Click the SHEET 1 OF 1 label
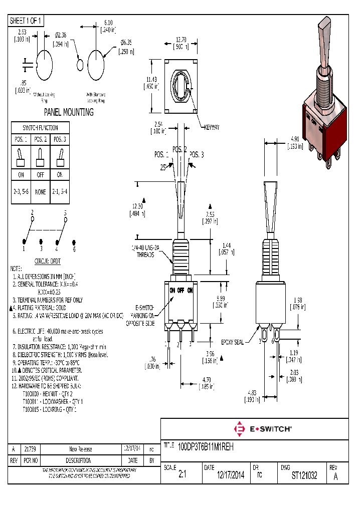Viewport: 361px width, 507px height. tap(27, 21)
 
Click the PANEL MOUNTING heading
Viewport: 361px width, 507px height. tap(69, 112)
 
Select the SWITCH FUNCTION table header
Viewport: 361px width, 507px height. tap(41, 128)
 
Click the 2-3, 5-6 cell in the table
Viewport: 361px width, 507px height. tap(21, 191)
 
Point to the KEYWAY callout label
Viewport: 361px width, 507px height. tap(211, 128)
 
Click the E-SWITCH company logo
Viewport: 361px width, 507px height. tap(263, 429)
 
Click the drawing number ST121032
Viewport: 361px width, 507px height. tap(304, 476)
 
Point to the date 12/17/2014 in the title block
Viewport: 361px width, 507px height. tap(231, 476)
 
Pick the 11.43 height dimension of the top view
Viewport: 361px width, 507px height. tap(151, 83)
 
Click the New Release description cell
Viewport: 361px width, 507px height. tap(80, 449)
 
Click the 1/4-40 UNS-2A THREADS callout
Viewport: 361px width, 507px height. tap(146, 251)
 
